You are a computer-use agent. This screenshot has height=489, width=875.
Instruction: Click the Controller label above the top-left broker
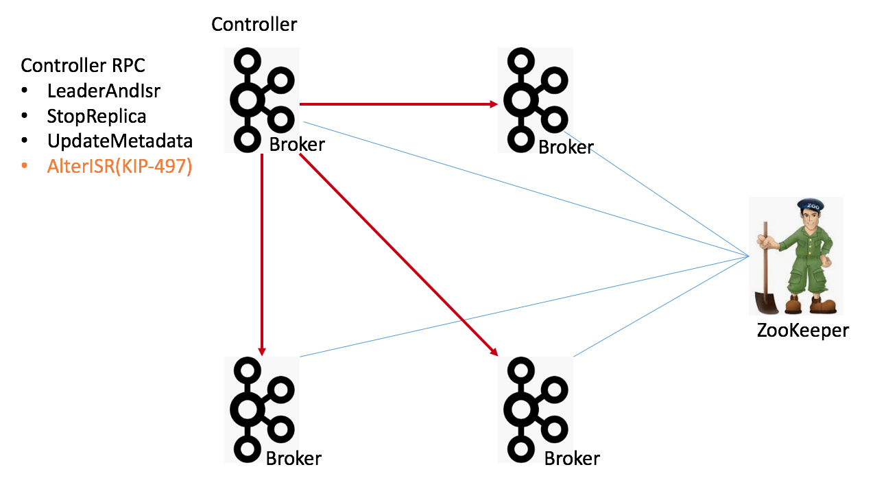[x=254, y=25]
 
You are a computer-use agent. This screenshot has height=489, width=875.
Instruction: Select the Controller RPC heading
[x=82, y=66]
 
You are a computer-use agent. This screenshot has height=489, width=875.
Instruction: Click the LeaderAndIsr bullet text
[x=104, y=91]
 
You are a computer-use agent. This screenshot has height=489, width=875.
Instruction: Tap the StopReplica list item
[x=96, y=116]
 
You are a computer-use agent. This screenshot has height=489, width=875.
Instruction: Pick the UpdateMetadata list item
[x=119, y=141]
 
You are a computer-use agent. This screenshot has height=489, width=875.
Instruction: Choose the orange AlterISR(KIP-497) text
[x=119, y=167]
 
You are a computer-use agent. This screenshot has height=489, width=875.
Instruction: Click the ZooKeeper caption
[x=802, y=330]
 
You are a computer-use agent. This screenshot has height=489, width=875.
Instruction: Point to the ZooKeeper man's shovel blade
[x=763, y=302]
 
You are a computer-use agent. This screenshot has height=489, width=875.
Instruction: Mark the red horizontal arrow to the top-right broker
[x=398, y=104]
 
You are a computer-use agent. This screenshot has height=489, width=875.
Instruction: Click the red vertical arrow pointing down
[x=261, y=254]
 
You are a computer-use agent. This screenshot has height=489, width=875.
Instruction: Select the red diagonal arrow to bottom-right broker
[x=398, y=254]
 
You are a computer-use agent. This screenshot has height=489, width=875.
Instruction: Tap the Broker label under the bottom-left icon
[x=293, y=458]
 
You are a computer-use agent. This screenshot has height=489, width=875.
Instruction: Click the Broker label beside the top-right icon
[x=566, y=147]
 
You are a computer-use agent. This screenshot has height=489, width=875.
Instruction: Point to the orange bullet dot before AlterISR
[x=25, y=167]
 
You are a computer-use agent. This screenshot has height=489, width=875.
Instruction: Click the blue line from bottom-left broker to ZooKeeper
[x=521, y=306]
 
